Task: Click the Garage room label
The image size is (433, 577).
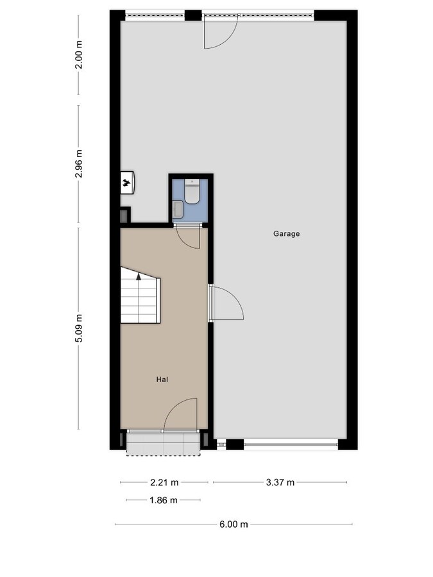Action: (286, 234)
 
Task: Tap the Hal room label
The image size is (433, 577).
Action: (162, 380)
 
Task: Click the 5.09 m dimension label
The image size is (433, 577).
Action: (79, 328)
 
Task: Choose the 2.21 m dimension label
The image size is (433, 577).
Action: (164, 483)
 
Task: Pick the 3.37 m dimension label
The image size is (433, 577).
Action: (280, 483)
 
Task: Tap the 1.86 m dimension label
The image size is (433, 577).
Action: (163, 500)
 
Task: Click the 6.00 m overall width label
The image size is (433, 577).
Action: (233, 524)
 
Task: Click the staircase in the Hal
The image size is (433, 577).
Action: (139, 296)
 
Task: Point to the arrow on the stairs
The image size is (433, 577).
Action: (138, 278)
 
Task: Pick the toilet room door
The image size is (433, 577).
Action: (189, 237)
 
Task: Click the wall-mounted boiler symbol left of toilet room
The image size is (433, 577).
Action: (127, 183)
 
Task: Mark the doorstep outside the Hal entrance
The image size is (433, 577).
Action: (163, 443)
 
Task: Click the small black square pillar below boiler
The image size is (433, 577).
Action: (124, 215)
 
